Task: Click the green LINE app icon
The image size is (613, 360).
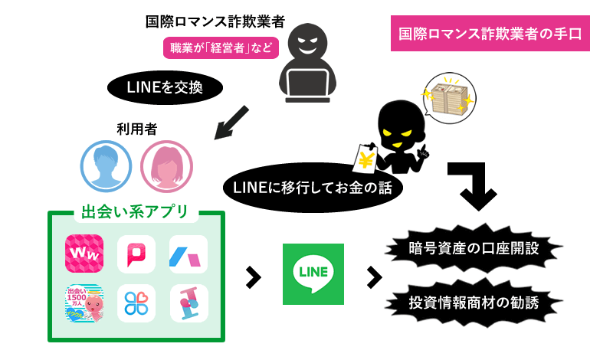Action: (x=313, y=274)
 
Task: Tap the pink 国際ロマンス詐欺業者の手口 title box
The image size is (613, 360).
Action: (x=490, y=34)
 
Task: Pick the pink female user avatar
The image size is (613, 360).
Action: (x=166, y=165)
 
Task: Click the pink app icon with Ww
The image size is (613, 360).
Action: (x=84, y=253)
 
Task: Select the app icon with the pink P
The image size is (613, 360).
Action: (x=136, y=254)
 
